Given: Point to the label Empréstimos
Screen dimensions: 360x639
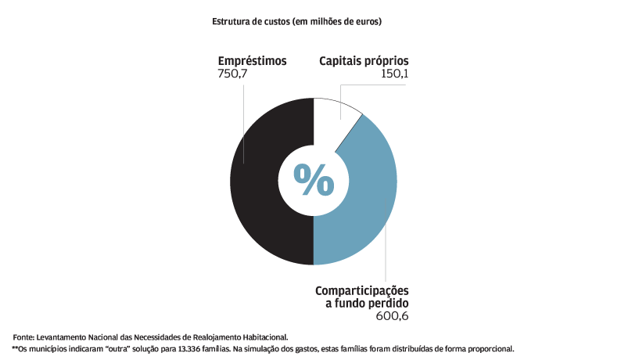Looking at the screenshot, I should [x=253, y=60].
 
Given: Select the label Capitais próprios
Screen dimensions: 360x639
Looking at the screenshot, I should [x=364, y=60].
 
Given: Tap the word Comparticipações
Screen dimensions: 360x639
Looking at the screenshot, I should [x=361, y=290].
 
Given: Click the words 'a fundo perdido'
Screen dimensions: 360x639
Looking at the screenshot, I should [x=367, y=302].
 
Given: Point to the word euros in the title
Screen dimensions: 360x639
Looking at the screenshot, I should [x=365, y=22].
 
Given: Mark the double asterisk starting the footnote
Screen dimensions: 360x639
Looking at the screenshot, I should [x=14, y=347].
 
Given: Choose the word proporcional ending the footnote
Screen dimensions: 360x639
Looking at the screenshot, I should [x=490, y=348].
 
